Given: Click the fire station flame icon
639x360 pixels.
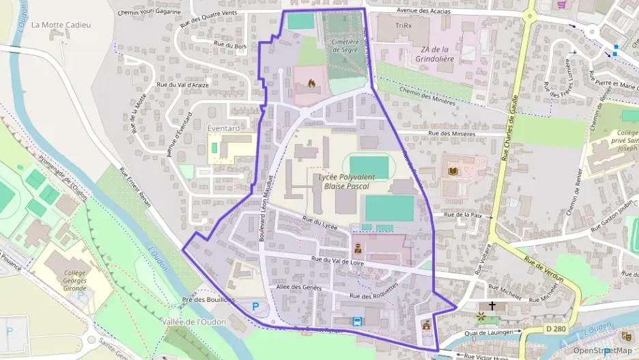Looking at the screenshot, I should click(312, 83).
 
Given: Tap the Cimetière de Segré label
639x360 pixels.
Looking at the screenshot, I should click(345, 46).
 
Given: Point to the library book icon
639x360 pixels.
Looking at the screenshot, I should click(451, 170).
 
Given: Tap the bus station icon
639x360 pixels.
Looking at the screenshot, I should click(356, 321).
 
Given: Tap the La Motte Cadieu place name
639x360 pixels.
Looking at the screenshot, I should click(61, 25).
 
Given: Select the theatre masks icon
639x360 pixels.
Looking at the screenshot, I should click(625, 335).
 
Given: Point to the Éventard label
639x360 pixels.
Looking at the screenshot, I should click(223, 128).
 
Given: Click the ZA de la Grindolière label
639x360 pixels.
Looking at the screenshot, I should click(434, 53).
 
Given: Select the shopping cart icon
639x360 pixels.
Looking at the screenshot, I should click(562, 5).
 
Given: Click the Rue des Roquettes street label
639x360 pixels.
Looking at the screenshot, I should click(373, 292).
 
